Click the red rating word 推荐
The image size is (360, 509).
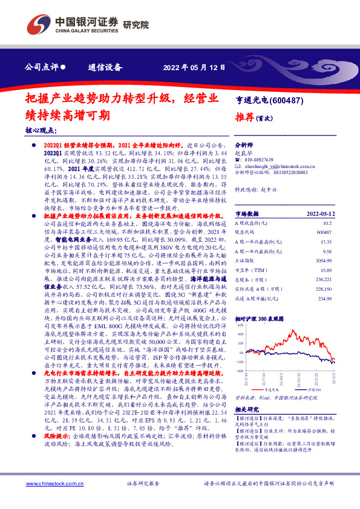[x=245, y=117]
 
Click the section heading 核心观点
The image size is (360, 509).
[x=41, y=130]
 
